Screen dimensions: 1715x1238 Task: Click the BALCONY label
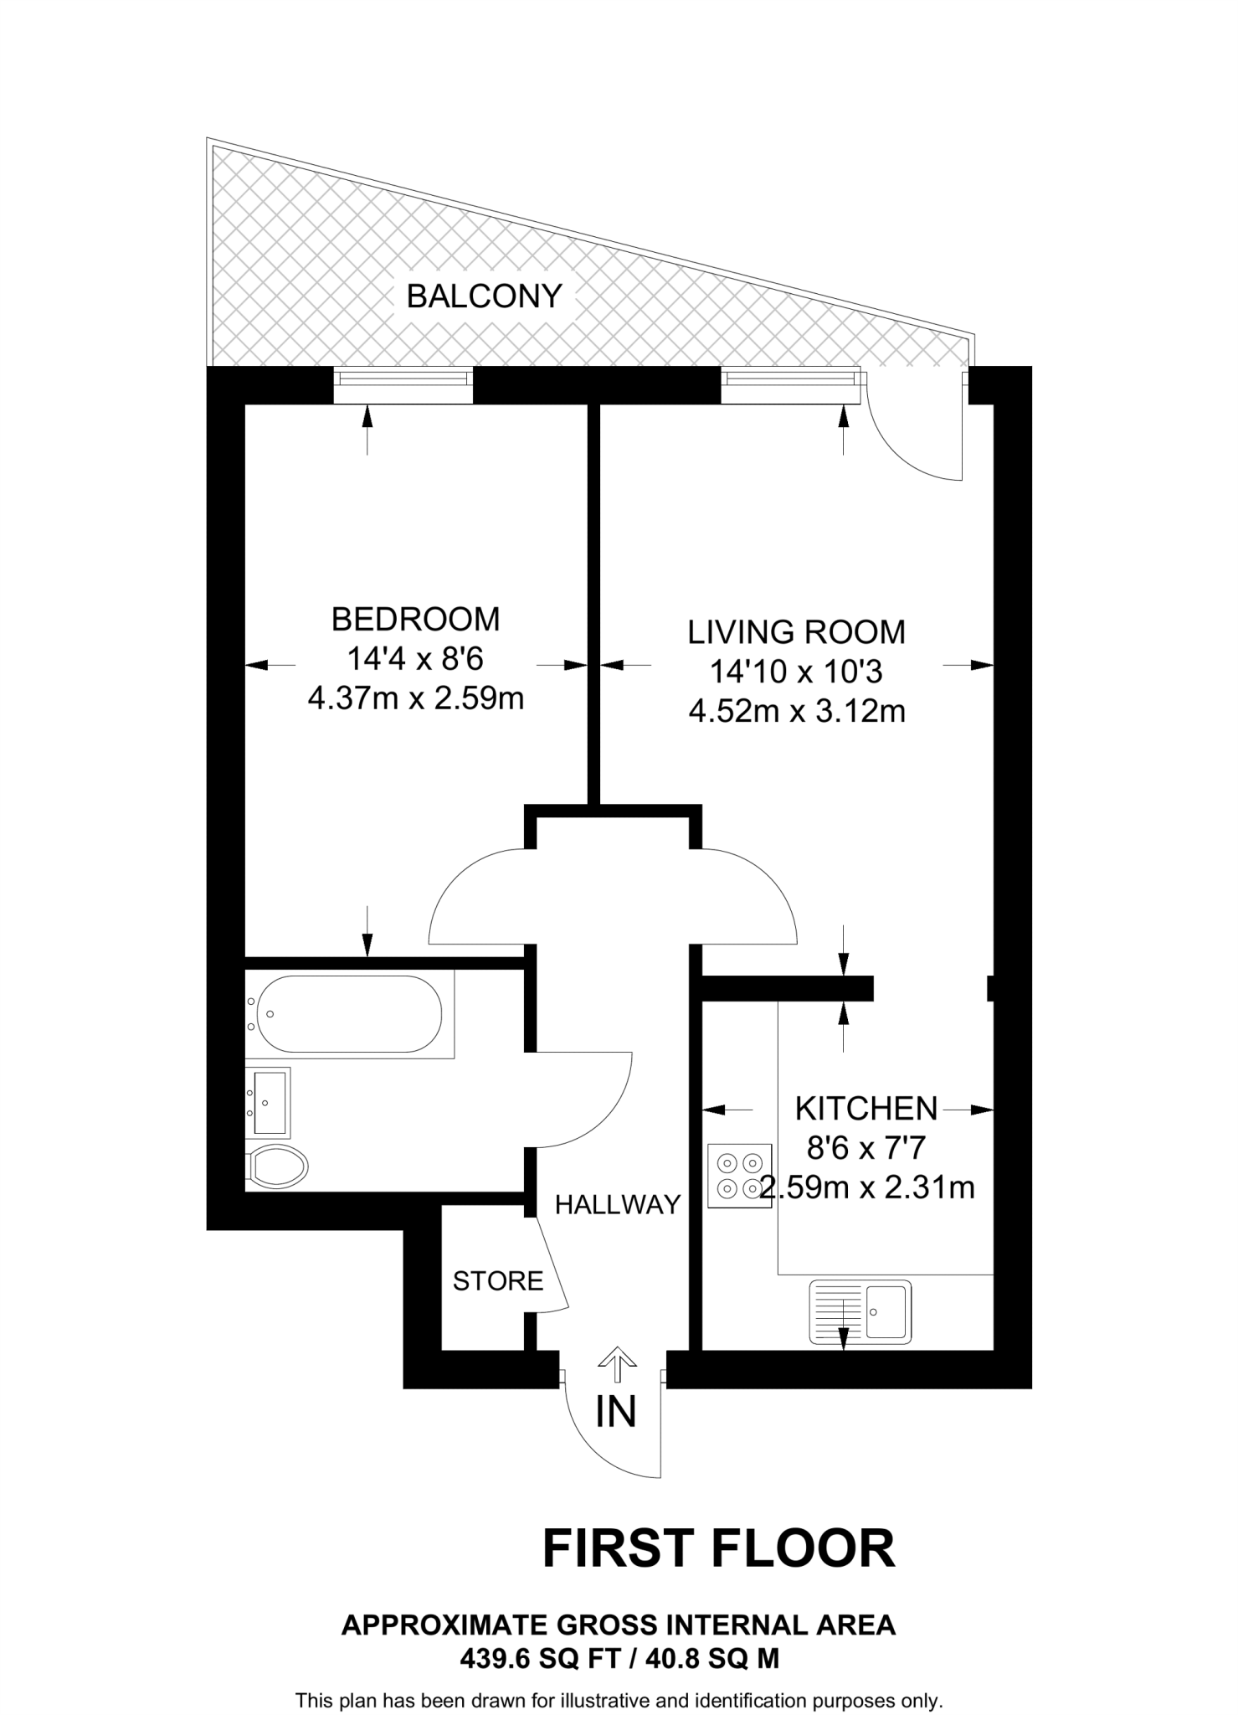(x=484, y=296)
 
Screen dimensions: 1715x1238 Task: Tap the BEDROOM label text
(x=415, y=619)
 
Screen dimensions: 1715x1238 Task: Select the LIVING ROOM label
(x=796, y=632)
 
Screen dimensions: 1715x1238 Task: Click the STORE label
(x=498, y=1280)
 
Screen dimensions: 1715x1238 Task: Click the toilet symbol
(x=278, y=1165)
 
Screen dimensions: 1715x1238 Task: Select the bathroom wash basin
(x=268, y=1102)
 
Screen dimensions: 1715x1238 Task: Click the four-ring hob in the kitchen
(x=739, y=1176)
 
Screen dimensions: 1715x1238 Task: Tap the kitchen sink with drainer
(x=860, y=1311)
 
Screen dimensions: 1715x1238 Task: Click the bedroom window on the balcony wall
(x=403, y=381)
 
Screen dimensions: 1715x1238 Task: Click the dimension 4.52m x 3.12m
(x=796, y=711)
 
